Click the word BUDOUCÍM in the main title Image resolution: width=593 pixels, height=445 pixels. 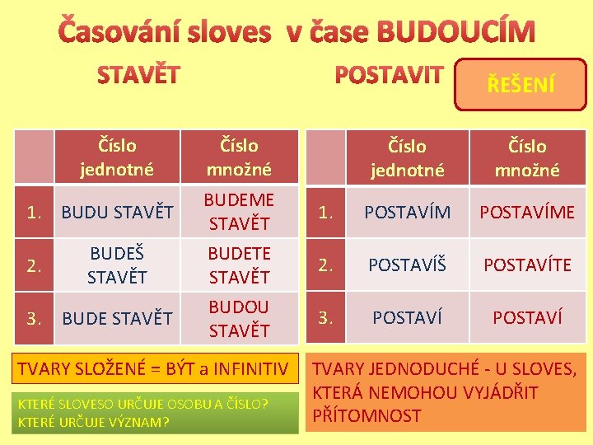455,32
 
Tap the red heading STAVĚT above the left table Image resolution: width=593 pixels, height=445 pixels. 138,76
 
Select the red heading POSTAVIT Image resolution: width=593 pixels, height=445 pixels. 389,75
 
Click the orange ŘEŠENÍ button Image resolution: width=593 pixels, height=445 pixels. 521,84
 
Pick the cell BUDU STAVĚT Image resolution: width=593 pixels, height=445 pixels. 118,212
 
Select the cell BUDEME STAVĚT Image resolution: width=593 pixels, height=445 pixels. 239,212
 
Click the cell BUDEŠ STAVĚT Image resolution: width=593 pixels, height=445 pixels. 117,265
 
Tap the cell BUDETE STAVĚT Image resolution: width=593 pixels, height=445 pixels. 239,265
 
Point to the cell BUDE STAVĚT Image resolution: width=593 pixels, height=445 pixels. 118,317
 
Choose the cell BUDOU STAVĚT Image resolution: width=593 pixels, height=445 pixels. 239,318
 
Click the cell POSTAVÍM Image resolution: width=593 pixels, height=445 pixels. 407,212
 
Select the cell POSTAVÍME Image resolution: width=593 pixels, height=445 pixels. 527,212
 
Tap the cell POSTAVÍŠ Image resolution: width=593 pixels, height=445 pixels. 407,265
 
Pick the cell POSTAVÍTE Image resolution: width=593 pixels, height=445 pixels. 527,265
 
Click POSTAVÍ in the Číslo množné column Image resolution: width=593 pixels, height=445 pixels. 527,317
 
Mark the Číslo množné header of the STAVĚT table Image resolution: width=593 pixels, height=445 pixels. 239,157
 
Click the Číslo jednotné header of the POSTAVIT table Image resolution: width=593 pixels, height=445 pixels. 407,158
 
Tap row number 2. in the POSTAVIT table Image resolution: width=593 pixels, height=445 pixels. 327,265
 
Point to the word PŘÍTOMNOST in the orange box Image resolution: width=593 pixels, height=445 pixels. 366,416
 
